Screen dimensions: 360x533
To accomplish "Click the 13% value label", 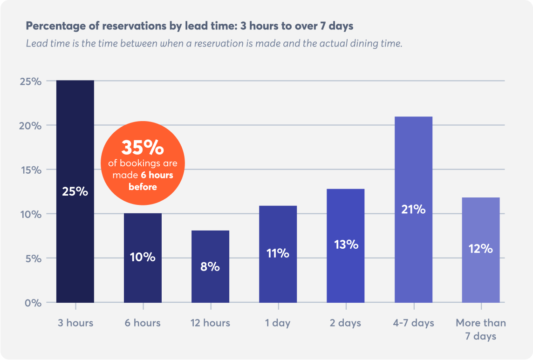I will (346, 244).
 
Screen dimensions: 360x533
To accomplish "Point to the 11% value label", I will (278, 254).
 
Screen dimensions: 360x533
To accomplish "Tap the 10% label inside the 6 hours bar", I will (143, 257).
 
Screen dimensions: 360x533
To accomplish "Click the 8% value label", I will (210, 267).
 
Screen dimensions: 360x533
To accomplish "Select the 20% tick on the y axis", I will (31, 126).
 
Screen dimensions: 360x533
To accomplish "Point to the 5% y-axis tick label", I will (33, 258).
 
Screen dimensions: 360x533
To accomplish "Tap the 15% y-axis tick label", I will (31, 170).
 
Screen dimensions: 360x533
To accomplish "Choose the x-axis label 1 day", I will (278, 323).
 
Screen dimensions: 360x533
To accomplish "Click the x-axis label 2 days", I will (345, 323).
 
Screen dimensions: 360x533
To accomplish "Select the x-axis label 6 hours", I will (143, 323).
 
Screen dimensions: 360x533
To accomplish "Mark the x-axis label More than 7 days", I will (480, 329).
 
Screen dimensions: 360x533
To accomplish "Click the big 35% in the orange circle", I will (143, 147).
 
